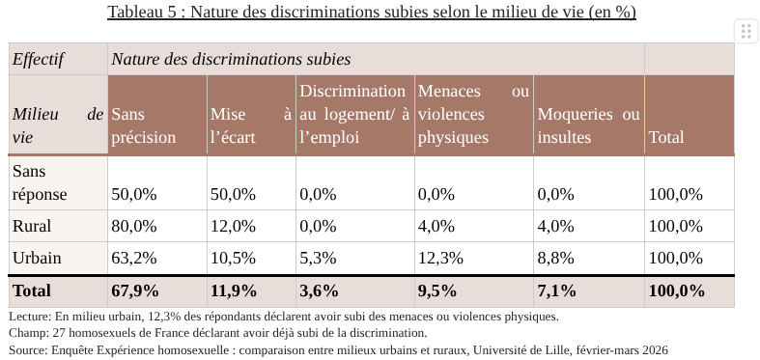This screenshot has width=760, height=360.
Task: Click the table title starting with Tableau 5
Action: point(372,13)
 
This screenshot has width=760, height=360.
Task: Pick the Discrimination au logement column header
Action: point(353,114)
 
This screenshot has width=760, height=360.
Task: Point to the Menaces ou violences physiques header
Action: point(473,114)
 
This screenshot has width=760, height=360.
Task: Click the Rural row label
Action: point(32,227)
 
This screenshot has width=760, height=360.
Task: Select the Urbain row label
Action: point(37,259)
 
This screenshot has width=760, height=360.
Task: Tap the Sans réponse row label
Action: point(40,182)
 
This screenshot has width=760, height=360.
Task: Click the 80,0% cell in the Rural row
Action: point(134,227)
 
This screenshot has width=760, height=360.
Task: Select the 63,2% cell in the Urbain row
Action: point(134,259)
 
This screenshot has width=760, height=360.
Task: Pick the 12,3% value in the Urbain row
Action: point(440,259)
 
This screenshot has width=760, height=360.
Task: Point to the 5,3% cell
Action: point(318,259)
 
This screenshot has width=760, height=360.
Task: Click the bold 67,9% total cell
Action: point(135,291)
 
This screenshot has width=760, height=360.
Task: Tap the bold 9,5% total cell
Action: point(436,291)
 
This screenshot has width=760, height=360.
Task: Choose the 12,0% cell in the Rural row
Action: point(233,227)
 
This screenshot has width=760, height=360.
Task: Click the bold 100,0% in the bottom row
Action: point(676,291)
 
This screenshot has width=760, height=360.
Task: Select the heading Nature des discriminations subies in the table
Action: point(231,60)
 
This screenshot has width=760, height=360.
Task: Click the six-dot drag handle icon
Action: point(746,31)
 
